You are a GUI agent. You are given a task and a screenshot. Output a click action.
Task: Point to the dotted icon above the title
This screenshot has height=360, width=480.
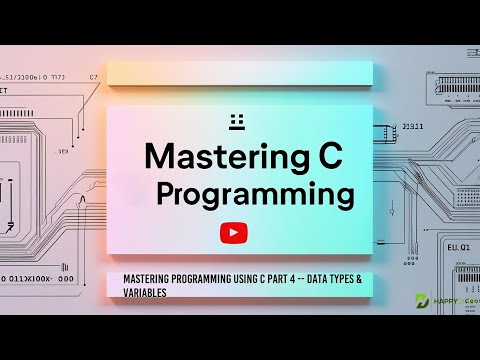point(237,121)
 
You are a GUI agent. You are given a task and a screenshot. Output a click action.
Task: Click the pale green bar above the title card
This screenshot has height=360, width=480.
point(240,73)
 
